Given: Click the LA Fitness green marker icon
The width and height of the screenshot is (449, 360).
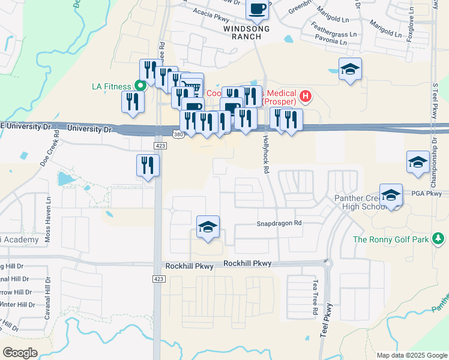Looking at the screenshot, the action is tap(140, 86).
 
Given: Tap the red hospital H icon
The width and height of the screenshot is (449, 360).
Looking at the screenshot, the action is tap(306, 95).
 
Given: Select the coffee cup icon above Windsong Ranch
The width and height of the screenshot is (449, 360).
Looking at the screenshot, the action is tap(258, 10).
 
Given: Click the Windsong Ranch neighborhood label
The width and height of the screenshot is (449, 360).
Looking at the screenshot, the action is tap(243, 32).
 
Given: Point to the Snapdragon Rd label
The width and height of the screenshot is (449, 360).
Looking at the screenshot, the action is tap(279, 223).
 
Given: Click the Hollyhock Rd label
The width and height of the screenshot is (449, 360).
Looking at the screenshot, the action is tap(265, 153).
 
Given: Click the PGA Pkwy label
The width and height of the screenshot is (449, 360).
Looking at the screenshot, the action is tap(426, 193).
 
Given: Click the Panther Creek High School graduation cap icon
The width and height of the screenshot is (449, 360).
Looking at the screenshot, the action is tap(391, 195).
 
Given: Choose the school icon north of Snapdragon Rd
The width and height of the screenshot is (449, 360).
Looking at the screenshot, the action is tap(208, 227).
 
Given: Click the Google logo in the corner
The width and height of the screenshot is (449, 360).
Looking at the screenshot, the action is tap(20, 353).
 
